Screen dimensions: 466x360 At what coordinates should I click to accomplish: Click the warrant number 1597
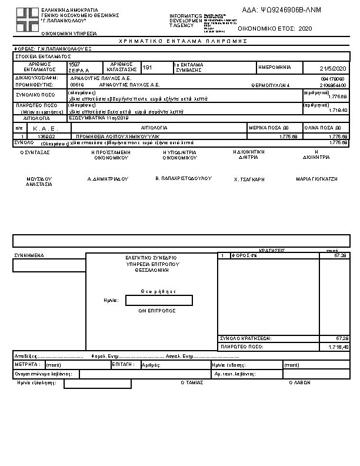click(x=74, y=64)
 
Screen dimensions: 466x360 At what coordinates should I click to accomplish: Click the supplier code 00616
click(x=77, y=84)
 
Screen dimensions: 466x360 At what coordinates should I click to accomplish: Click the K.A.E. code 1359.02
click(x=46, y=137)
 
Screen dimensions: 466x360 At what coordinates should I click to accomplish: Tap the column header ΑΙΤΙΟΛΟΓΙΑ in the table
click(x=154, y=127)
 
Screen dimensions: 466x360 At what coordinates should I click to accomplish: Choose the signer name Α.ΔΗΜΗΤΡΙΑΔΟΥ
click(x=108, y=178)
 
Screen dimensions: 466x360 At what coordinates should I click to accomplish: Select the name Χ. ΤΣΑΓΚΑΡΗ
click(x=249, y=178)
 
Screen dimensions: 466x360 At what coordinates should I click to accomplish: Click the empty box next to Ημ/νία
click(x=159, y=301)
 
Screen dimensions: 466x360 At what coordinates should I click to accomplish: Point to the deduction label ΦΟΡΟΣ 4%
click(x=245, y=255)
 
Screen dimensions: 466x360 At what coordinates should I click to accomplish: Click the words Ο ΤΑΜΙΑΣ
click(x=192, y=382)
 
